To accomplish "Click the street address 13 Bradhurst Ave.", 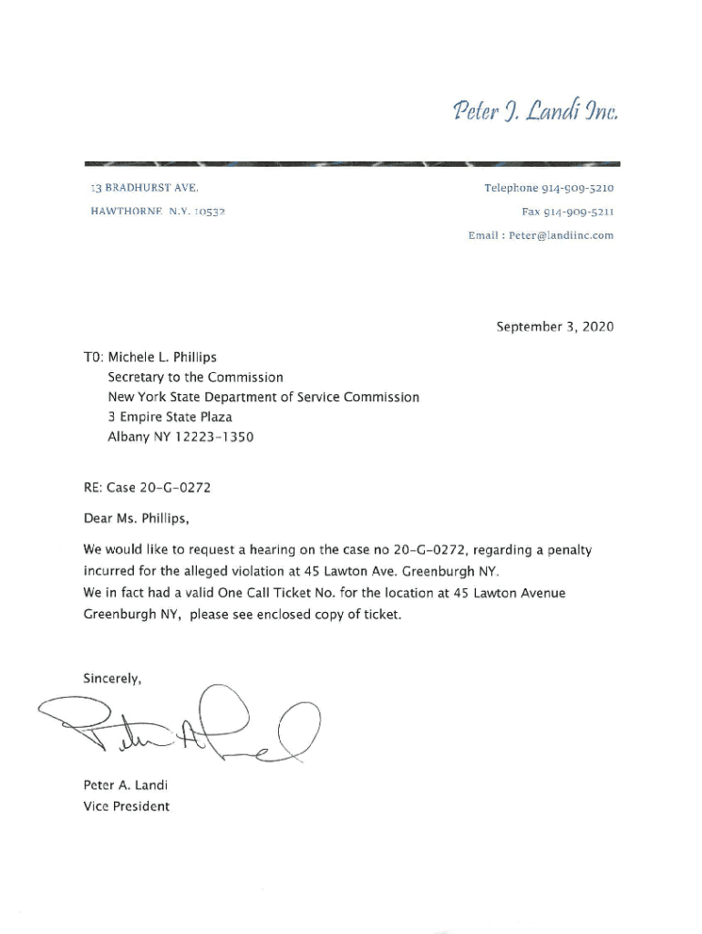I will (141, 189).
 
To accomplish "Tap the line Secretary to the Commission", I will (195, 377).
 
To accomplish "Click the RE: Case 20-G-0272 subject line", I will (147, 488).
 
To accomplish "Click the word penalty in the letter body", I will (566, 551).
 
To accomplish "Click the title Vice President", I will (126, 806).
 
